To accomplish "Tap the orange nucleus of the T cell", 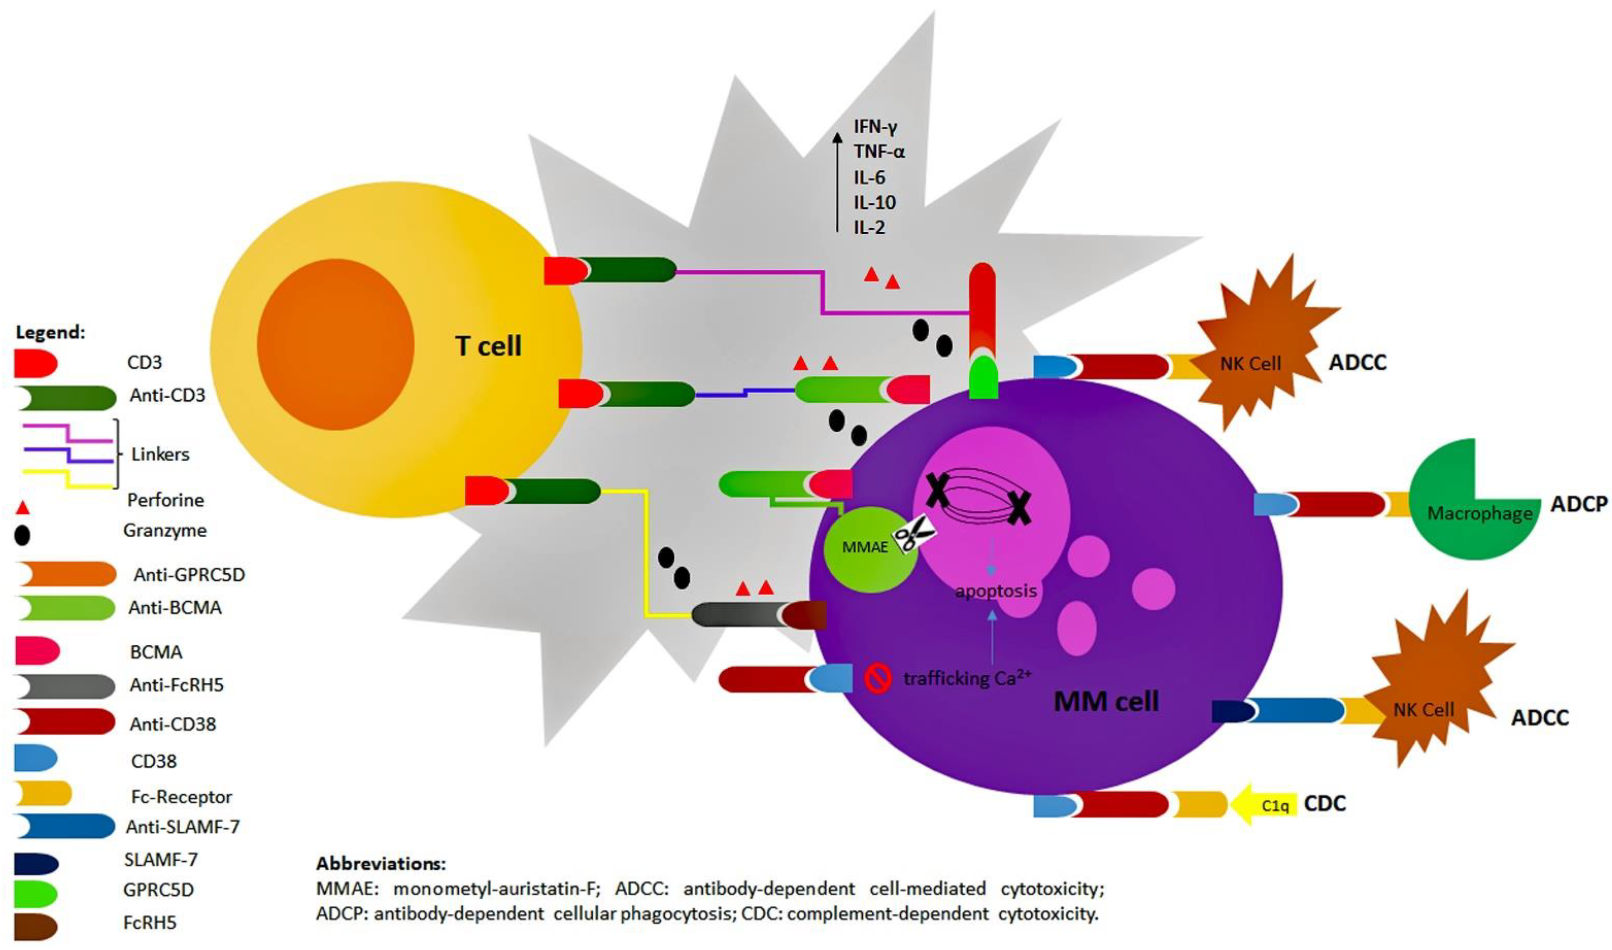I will (335, 344).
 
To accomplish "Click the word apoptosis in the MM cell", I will (996, 591).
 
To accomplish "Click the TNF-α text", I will (879, 152).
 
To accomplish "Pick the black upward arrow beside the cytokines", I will (836, 183).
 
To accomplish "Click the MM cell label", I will (1106, 702).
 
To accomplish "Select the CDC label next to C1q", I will (1325, 803).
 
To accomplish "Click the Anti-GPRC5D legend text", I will (189, 575).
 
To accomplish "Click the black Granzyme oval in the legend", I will (22, 535).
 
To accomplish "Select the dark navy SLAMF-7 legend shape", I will (37, 864).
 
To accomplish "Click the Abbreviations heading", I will (381, 863).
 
